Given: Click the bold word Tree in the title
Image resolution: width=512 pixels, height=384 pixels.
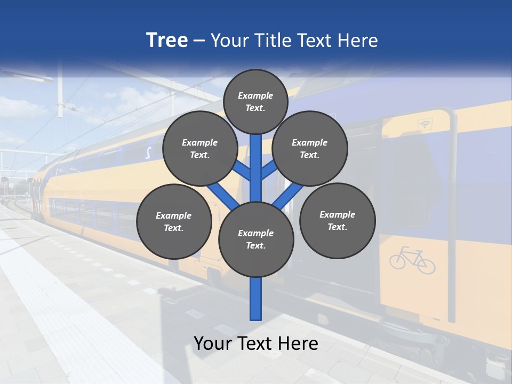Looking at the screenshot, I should coord(167,41).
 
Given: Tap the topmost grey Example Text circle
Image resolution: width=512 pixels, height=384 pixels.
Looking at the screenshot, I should coord(255,101).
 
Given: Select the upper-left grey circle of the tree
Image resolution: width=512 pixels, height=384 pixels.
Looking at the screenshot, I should coord(200,149).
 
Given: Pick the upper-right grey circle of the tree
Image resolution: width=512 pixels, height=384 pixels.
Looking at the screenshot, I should coord(310,149).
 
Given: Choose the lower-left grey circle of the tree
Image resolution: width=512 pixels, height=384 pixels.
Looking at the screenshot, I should coord(174,221).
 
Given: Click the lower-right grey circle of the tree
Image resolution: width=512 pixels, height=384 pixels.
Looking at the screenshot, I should coord(337,220).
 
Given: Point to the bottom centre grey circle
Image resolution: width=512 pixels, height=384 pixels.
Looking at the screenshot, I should coord(256,239).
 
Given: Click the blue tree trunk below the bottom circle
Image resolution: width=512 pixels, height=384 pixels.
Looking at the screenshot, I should coord(256,299).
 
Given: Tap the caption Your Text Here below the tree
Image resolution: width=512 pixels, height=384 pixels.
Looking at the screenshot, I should coord(256,343).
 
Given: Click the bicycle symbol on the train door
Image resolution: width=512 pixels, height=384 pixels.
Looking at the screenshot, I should coord(412,260).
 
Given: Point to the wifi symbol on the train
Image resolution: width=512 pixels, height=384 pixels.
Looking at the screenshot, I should coord(425,124).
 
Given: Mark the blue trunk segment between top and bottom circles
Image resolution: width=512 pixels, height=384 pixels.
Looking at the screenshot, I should coord(256,168).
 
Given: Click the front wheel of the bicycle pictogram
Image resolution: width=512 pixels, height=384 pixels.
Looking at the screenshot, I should coord(426,265).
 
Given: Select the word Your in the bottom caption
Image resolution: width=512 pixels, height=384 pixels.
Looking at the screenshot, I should coord(213,343).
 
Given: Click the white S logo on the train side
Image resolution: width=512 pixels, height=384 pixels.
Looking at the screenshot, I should coord(148,153).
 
